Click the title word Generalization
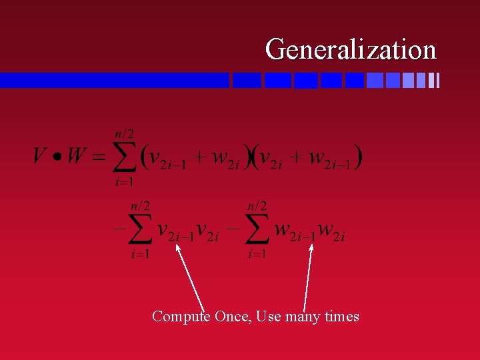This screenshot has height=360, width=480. tap(351, 49)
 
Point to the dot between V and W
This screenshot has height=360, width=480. tap(57, 158)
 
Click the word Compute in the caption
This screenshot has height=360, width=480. tap(181, 316)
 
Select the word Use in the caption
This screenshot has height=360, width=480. tap(268, 316)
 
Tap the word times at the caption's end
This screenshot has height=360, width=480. tap(341, 316)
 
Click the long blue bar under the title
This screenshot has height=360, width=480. tap(114, 80)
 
